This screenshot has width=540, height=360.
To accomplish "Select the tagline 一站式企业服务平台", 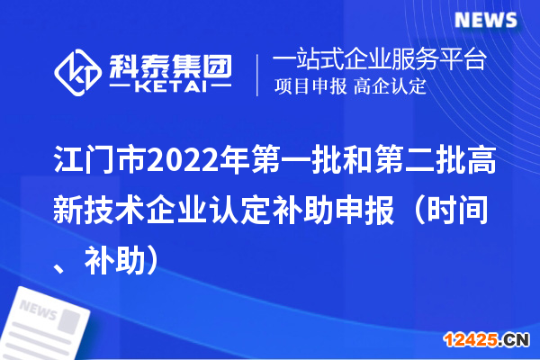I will click(x=379, y=61).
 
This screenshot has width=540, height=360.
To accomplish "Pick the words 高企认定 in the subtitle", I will click(x=390, y=87).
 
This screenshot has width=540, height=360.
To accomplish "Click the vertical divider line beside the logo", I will click(x=258, y=74).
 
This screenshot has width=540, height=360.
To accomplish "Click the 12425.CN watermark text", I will click(x=486, y=339).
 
